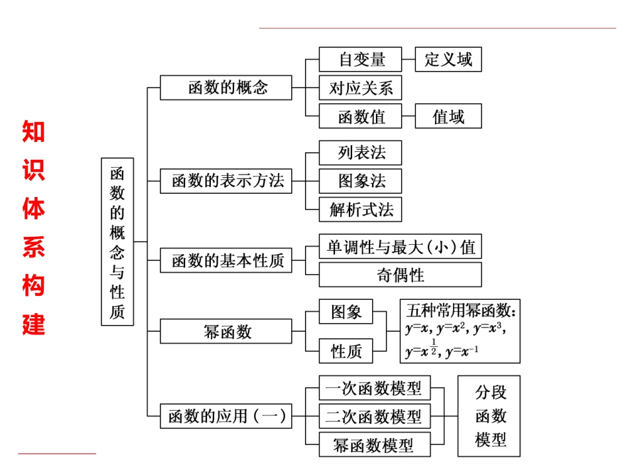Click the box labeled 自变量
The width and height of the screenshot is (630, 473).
click(361, 59)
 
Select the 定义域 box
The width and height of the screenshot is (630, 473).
click(448, 59)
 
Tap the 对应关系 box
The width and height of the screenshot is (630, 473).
click(361, 88)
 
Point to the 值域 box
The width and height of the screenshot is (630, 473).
click(448, 116)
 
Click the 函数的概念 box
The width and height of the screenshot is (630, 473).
click(226, 88)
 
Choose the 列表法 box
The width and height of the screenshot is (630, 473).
click(361, 153)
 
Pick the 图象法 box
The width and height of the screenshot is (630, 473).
click(361, 181)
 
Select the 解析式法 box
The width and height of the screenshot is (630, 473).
click(361, 210)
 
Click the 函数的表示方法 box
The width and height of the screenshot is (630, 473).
click(226, 181)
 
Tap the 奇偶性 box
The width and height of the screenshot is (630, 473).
click(401, 275)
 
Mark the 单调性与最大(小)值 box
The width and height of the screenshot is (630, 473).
click(401, 247)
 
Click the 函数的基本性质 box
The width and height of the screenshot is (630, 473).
click(226, 261)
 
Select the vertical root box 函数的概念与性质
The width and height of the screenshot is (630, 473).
click(117, 241)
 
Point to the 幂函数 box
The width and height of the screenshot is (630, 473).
click(226, 331)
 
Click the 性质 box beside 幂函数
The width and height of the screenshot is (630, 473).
click(346, 351)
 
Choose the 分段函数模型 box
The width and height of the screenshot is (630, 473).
click(489, 416)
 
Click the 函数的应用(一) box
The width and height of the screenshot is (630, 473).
click(226, 416)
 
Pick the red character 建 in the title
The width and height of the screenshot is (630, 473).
click(33, 324)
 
